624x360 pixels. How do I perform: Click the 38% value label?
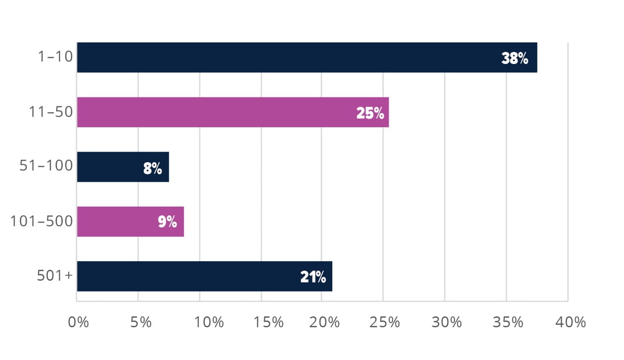(x=515, y=58)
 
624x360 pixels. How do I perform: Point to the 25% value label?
(x=370, y=113)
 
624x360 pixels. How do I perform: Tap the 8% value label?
(x=153, y=168)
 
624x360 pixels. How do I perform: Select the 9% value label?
(x=167, y=223)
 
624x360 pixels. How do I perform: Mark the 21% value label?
(x=313, y=277)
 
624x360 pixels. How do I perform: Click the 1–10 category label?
(x=55, y=58)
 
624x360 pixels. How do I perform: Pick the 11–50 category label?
(x=50, y=112)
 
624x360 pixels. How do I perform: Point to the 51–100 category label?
(x=46, y=167)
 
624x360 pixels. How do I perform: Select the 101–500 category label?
(x=42, y=222)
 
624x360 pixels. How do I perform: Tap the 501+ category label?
(x=55, y=276)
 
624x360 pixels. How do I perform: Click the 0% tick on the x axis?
(x=79, y=322)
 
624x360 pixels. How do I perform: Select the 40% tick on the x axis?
(x=570, y=322)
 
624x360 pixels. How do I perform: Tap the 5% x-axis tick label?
(x=139, y=322)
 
